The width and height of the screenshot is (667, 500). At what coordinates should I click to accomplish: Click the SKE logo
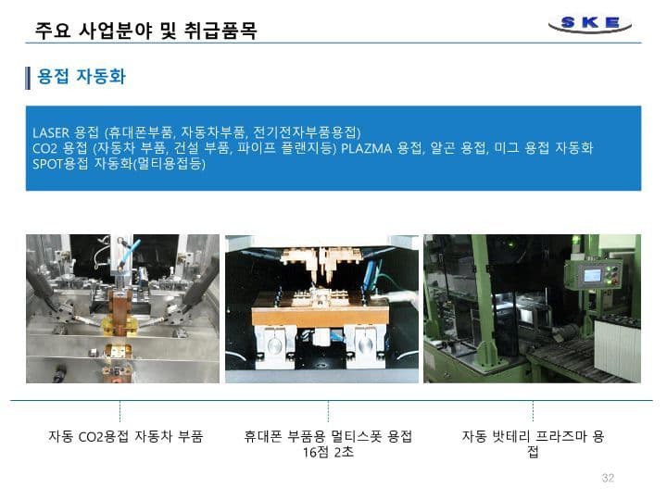tap(590, 23)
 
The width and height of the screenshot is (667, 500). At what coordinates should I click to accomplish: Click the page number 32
tap(608, 478)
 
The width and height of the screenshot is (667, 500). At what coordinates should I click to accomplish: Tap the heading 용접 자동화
tap(82, 77)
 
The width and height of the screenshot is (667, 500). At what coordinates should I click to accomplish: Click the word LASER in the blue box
tap(51, 132)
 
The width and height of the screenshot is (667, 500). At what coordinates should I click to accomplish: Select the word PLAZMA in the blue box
tap(366, 148)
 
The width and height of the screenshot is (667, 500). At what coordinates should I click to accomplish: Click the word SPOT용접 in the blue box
tap(60, 164)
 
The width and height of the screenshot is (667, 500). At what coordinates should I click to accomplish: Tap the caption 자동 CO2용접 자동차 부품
tap(125, 436)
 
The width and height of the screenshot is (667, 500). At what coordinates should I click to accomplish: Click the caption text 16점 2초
tap(328, 452)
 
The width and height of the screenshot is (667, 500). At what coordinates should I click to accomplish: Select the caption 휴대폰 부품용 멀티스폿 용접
tap(328, 436)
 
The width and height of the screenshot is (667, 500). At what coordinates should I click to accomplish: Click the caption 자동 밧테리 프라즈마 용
tap(533, 436)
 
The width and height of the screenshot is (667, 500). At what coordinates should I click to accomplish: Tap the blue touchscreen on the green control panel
tap(592, 275)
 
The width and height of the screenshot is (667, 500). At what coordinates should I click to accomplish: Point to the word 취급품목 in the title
tap(220, 31)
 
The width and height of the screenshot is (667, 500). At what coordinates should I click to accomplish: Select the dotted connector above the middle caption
tap(328, 411)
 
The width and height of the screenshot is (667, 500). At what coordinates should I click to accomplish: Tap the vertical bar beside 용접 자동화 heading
tap(28, 78)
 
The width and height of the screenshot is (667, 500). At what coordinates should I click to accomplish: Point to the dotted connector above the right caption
tap(533, 411)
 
